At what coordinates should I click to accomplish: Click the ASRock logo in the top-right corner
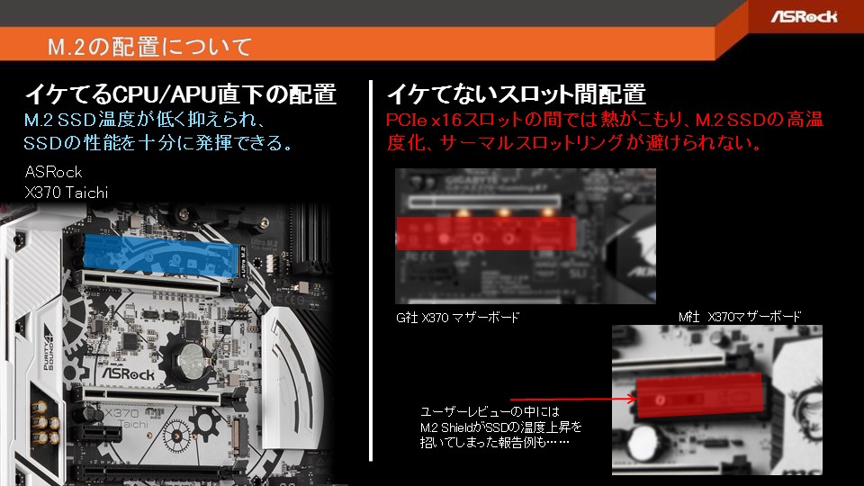[x=803, y=16]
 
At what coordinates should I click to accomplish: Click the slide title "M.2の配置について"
[x=149, y=45]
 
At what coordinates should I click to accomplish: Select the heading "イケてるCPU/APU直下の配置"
[x=180, y=94]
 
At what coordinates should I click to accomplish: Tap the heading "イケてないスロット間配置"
[x=516, y=94]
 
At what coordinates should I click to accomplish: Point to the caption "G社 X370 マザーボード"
[x=457, y=319]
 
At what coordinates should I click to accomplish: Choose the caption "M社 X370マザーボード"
[x=739, y=317]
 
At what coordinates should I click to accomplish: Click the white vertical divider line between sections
[x=371, y=270]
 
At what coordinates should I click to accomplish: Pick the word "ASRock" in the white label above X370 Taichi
[x=53, y=172]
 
